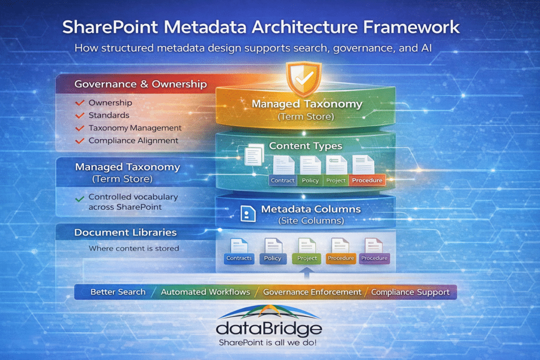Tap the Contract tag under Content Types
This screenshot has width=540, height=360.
[x=282, y=180]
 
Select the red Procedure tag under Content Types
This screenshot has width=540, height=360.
[x=368, y=180]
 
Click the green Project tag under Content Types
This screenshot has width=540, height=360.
[x=335, y=180]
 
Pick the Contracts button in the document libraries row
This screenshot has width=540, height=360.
[x=239, y=258]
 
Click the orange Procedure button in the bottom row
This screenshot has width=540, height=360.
[x=340, y=258]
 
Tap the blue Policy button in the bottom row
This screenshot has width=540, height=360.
[x=273, y=258]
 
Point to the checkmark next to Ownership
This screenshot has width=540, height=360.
[x=80, y=102]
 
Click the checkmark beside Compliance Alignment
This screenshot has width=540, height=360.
[x=80, y=141]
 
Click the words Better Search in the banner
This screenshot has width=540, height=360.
[x=118, y=292]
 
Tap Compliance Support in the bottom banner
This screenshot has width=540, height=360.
[x=410, y=292]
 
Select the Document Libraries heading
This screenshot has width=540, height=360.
[x=126, y=232]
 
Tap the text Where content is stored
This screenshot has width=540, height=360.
[x=134, y=248]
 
